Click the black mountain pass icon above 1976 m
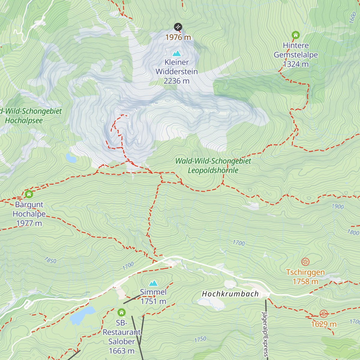(178, 27)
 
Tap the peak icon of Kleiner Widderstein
(177, 54)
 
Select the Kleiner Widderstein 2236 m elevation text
(176, 81)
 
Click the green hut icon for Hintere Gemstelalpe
(295, 35)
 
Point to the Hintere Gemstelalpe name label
(295, 50)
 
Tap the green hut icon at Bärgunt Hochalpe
(29, 194)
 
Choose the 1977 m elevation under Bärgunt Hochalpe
(29, 223)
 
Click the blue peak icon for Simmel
(153, 283)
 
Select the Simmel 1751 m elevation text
(153, 301)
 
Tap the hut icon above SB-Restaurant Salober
(121, 313)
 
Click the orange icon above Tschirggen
(305, 262)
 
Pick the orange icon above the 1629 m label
(323, 314)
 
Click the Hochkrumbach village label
(230, 294)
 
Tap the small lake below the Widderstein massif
(71, 158)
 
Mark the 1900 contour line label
(338, 206)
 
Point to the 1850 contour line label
(50, 260)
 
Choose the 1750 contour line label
(200, 339)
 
